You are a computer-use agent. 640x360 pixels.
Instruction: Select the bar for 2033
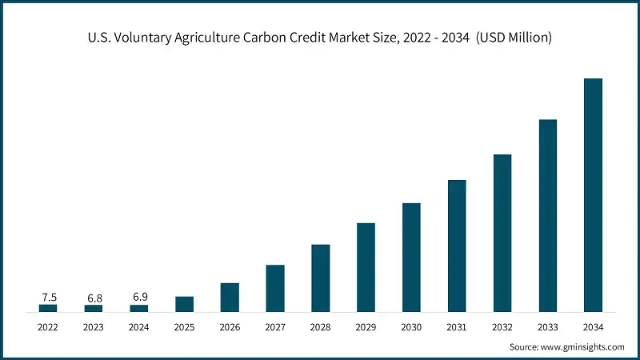pyautogui.click(x=547, y=215)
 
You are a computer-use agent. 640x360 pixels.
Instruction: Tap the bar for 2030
pyautogui.click(x=411, y=257)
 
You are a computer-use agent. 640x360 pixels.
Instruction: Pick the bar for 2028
pyautogui.click(x=320, y=278)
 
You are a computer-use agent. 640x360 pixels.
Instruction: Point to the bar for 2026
pyautogui.click(x=230, y=297)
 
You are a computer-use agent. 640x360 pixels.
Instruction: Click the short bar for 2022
pyautogui.click(x=48, y=307)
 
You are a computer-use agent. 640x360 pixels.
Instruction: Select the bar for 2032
pyautogui.click(x=502, y=232)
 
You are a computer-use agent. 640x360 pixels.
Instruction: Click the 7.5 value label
pyautogui.click(x=48, y=297)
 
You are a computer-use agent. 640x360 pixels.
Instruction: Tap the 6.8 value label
pyautogui.click(x=94, y=298)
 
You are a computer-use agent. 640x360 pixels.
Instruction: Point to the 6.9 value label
pyautogui.click(x=139, y=298)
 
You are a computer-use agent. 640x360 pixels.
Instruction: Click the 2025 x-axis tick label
pyautogui.click(x=184, y=326)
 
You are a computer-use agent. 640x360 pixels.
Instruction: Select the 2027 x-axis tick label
pyautogui.click(x=275, y=326)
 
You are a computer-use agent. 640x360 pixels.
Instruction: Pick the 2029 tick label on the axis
pyautogui.click(x=366, y=326)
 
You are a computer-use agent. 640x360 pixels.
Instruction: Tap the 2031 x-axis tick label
pyautogui.click(x=457, y=326)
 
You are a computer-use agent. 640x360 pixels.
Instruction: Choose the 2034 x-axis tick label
pyautogui.click(x=593, y=326)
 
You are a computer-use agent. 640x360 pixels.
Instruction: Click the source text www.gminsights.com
pyautogui.click(x=583, y=347)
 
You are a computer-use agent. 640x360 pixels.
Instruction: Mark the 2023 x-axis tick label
pyautogui.click(x=94, y=326)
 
